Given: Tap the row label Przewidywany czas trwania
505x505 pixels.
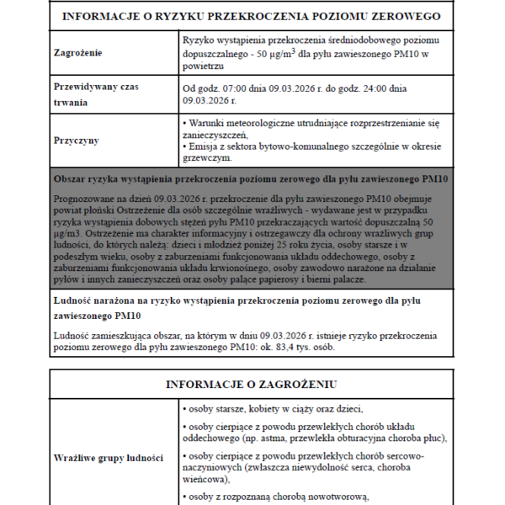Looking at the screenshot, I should (97, 94).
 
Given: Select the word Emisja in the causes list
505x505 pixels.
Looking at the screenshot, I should (205, 146).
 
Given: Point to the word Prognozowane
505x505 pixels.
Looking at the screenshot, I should (88, 199).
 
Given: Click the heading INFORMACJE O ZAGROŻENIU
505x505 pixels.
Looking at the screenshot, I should (252, 384).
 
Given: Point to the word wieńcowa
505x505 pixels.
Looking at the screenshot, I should (206, 478).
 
